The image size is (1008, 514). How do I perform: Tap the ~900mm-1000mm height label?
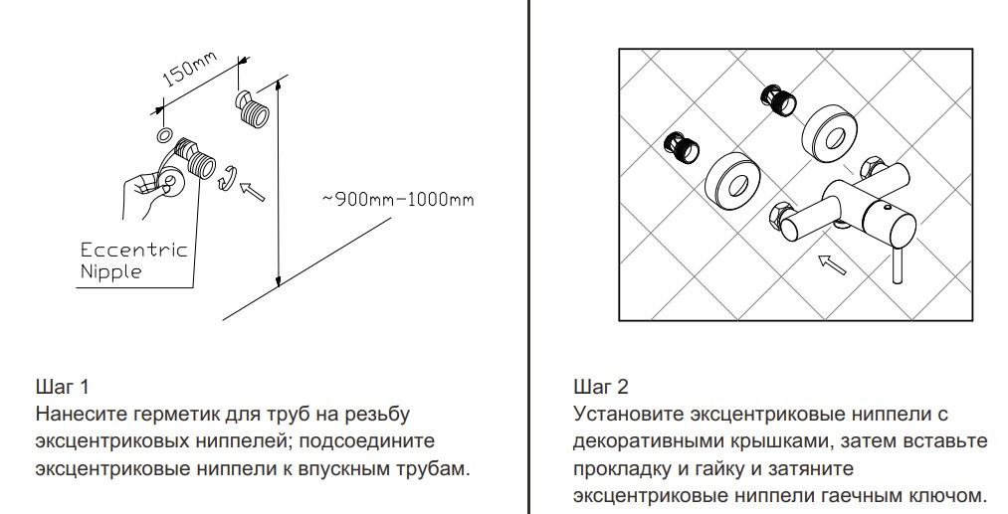pyautogui.click(x=397, y=199)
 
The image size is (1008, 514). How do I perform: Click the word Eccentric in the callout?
pyautogui.click(x=133, y=250)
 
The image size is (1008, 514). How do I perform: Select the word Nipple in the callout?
pyautogui.click(x=110, y=270)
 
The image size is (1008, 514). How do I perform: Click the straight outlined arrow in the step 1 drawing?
pyautogui.click(x=256, y=188)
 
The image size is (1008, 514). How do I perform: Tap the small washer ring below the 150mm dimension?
pyautogui.click(x=165, y=134)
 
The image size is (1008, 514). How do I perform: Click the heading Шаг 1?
pyautogui.click(x=64, y=386)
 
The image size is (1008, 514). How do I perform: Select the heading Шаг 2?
pyautogui.click(x=601, y=386)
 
